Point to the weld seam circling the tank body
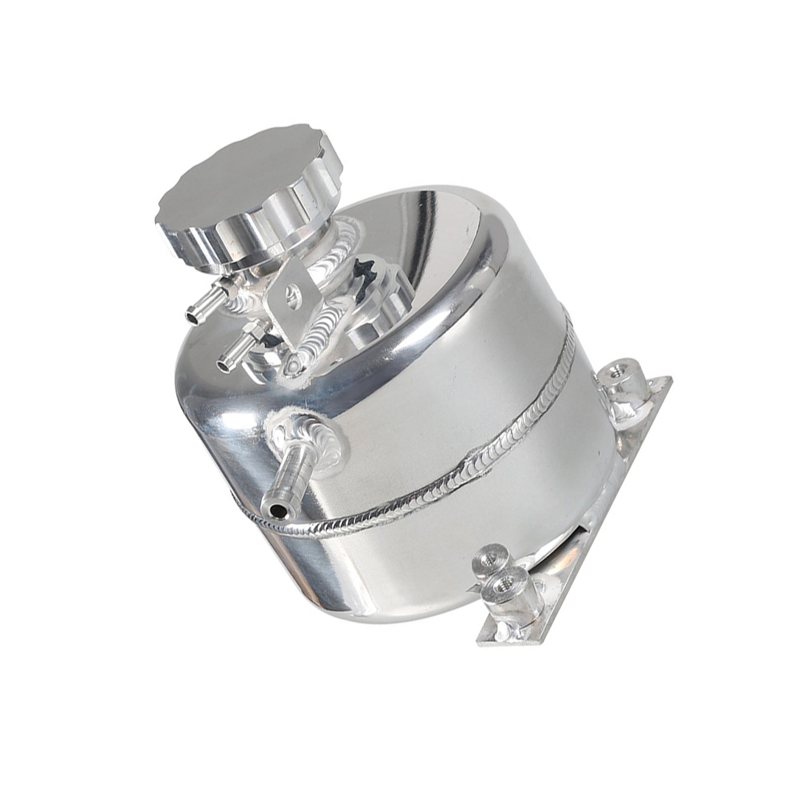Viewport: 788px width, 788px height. [x=443, y=497]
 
